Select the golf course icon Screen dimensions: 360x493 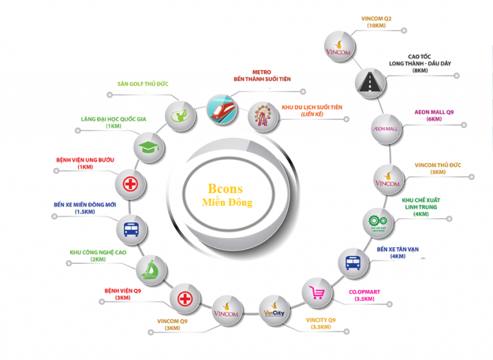[180, 114]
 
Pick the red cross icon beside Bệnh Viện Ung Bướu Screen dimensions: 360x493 [130, 185]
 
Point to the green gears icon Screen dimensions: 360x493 [377, 221]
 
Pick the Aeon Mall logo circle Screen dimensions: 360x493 [386, 128]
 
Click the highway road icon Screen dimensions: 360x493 [372, 81]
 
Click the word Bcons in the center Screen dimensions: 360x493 [225, 189]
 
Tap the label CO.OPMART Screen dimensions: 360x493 [364, 292]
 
